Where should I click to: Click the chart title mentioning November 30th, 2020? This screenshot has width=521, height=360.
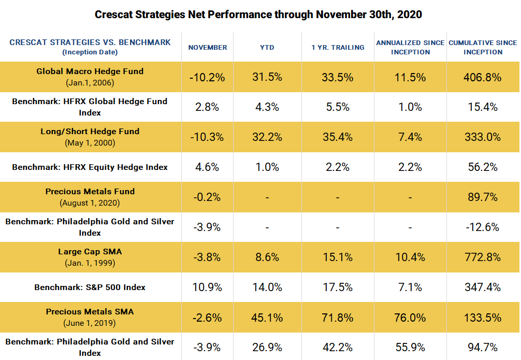coord(258,14)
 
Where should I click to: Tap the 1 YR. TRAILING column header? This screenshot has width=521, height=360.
coord(338,48)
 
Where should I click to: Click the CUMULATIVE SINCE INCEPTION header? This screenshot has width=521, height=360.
coord(483,47)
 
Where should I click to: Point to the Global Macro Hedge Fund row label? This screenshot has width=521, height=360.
coord(90,71)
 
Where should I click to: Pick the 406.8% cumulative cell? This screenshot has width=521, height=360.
coord(483,77)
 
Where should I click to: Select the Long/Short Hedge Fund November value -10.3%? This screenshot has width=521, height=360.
coord(207,137)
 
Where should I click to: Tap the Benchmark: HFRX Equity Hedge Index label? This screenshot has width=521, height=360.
coord(90,167)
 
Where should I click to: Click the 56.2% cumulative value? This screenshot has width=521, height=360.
coord(483,167)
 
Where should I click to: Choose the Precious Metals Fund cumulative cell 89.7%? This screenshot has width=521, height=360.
coord(483,197)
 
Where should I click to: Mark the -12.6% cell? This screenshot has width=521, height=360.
coord(483,227)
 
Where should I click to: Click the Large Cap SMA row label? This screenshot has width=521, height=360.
coord(90,252)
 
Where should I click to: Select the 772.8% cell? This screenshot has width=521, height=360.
coord(483,257)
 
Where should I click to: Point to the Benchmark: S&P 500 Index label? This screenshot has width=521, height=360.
coord(90,287)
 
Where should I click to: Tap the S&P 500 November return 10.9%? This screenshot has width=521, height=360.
coord(207,287)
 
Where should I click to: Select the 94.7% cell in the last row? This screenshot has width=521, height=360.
coord(483,348)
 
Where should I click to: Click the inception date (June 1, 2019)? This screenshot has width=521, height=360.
coord(90,323)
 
